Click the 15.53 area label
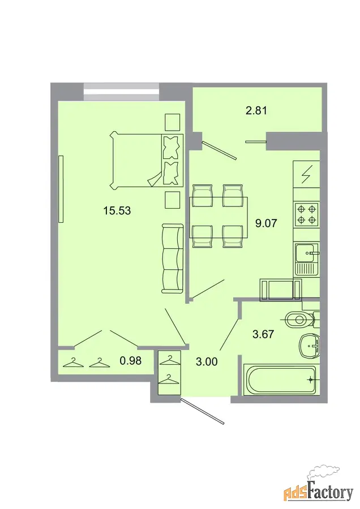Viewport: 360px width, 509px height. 117,210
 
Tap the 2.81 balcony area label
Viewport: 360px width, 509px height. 256,111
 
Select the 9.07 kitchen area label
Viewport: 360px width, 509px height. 266,223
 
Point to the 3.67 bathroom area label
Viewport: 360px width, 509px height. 263,334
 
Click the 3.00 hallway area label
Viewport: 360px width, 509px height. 207,361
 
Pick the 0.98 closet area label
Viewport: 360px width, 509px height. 131,360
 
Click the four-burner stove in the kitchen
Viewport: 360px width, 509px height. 306,214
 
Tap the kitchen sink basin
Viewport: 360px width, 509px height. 305,253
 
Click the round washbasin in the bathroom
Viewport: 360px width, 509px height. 309,346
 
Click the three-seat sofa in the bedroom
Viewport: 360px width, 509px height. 172,258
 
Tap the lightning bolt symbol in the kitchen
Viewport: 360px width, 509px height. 306,174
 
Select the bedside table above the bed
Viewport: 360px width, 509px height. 173,122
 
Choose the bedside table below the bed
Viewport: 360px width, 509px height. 173,200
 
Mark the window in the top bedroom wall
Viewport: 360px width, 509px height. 122,92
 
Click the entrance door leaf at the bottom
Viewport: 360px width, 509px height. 203,411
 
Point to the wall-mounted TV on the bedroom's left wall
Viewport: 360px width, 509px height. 61,189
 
